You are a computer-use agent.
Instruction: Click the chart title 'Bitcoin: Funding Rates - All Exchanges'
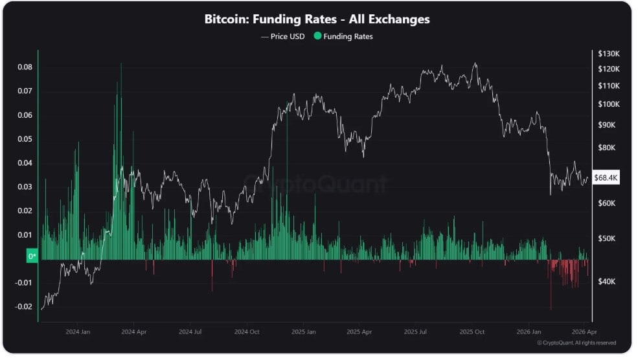[317, 19]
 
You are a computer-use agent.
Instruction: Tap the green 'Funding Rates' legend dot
[317, 37]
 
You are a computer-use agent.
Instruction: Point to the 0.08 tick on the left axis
[24, 67]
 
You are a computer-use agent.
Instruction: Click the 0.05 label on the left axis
[24, 139]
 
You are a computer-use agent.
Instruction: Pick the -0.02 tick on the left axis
[23, 307]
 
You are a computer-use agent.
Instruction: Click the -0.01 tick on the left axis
[23, 283]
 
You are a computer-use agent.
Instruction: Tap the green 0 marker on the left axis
[32, 256]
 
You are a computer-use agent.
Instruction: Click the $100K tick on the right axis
[608, 104]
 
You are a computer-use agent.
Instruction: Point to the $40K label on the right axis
[606, 282]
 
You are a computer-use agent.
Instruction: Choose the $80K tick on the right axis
[606, 148]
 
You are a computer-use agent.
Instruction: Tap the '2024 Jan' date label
[77, 331]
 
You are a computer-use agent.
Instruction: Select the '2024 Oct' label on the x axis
[247, 331]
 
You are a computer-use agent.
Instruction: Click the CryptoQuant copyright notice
[576, 343]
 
